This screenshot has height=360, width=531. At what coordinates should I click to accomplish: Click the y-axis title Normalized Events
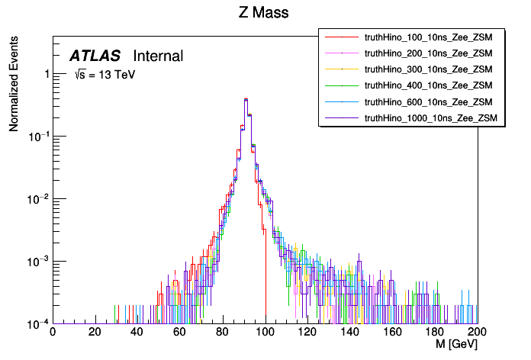pos(14,85)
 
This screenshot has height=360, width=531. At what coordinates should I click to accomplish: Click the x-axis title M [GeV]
pos(455,345)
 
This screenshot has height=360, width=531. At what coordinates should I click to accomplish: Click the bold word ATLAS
pos(95,56)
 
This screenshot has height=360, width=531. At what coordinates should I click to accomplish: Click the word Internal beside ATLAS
pos(158,56)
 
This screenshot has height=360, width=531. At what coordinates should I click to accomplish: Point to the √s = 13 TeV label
pos(105,76)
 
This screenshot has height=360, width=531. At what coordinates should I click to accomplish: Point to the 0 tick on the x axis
pos(52,333)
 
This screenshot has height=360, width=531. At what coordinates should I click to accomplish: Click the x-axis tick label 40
pos(137,333)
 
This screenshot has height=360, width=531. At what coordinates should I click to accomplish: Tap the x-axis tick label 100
pos(265,333)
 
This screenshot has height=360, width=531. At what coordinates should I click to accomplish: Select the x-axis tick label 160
pos(392,333)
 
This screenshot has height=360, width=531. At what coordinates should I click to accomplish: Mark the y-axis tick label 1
pos(46,74)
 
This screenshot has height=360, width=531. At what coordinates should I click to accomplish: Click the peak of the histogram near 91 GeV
pos(246,98)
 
